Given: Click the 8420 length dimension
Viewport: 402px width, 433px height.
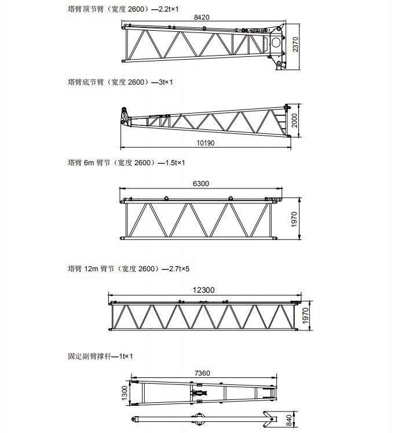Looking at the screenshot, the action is tap(202, 17).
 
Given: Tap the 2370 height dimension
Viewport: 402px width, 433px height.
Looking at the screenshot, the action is tap(295, 44).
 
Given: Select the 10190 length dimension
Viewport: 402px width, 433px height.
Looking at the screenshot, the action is tap(206, 143).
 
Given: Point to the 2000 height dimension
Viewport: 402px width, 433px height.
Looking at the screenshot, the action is tap(294, 121).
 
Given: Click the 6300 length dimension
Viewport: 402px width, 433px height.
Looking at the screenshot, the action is tap(201, 184).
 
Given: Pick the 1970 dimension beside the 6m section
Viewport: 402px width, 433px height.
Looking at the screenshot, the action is tap(294, 220).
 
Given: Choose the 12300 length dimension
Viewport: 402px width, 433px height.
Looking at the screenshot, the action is tap(203, 290).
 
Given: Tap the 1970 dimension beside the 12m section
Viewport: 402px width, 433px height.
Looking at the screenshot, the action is tap(305, 316).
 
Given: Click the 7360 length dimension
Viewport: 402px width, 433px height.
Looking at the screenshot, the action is tap(202, 373).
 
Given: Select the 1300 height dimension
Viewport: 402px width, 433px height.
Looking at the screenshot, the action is tap(125, 393).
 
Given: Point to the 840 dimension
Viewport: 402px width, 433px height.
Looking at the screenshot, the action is tap(288, 420).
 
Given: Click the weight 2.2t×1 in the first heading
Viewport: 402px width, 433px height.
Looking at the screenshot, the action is tap(169, 9).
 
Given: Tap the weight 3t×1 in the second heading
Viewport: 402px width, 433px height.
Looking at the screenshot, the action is tap(166, 82).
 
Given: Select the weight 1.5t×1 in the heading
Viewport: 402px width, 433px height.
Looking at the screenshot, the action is tap(175, 163).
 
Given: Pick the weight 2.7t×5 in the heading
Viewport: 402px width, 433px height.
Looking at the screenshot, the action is tap(180, 269).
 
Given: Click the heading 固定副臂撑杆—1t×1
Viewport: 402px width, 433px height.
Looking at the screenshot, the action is tap(100, 356).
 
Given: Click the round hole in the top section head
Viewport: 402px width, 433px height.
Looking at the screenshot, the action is tap(276, 42).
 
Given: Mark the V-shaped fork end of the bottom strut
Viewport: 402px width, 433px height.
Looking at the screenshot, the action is tap(269, 420).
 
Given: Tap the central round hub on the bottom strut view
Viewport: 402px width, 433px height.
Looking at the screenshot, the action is tap(199, 419).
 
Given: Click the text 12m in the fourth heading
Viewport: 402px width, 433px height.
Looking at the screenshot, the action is tap(91, 269).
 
